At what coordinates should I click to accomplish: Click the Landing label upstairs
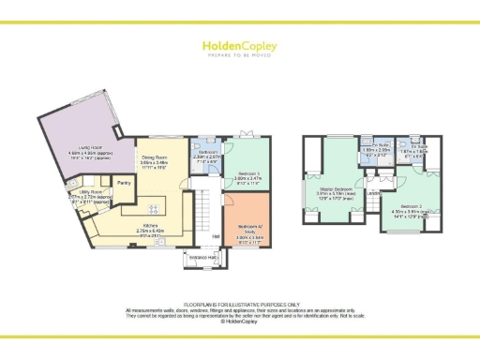373,195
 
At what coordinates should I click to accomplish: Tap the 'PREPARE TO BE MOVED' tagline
240,54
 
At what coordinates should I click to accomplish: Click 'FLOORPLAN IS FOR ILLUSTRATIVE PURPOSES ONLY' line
240,305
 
